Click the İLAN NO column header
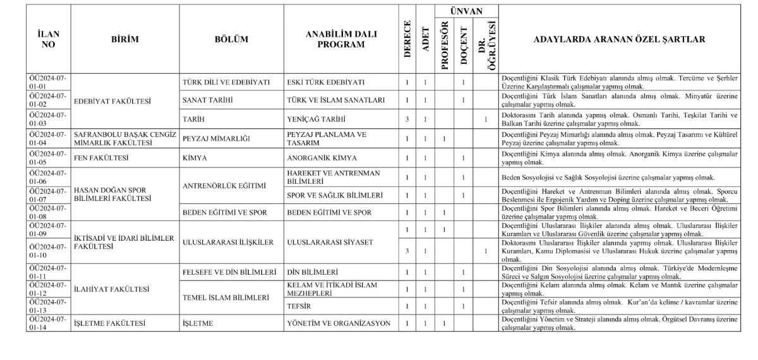[x=47, y=40]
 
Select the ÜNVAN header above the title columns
[x=466, y=11]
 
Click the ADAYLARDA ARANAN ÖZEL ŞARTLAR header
[x=619, y=40]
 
